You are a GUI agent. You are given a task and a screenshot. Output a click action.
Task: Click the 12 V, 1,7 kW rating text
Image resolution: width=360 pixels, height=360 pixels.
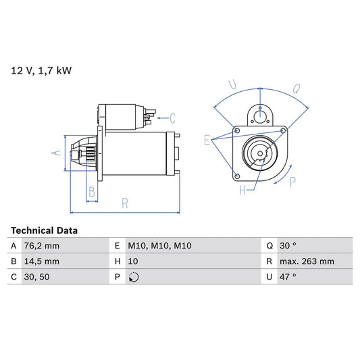(41, 70)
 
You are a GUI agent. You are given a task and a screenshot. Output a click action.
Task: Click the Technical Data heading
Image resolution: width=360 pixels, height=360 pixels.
(44, 230)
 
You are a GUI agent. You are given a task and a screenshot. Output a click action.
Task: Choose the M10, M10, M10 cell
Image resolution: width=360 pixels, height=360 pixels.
(159, 246)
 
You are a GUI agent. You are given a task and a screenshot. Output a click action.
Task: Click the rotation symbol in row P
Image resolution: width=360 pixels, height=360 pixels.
(133, 277)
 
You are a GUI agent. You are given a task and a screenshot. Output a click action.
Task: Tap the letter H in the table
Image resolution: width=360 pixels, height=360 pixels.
(118, 261)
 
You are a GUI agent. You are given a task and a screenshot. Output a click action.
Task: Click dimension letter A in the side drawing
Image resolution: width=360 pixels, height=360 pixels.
(57, 153)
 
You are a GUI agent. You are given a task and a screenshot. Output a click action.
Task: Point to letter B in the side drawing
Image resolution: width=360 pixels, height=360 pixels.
(92, 191)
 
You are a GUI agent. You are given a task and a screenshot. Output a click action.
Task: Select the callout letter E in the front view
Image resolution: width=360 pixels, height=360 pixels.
(207, 140)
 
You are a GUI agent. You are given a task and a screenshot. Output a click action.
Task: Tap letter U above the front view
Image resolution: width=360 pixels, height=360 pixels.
(232, 85)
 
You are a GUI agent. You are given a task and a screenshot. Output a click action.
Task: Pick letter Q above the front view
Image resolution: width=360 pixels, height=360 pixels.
(297, 87)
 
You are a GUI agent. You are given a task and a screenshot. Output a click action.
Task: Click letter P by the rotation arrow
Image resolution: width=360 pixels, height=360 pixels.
(292, 181)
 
